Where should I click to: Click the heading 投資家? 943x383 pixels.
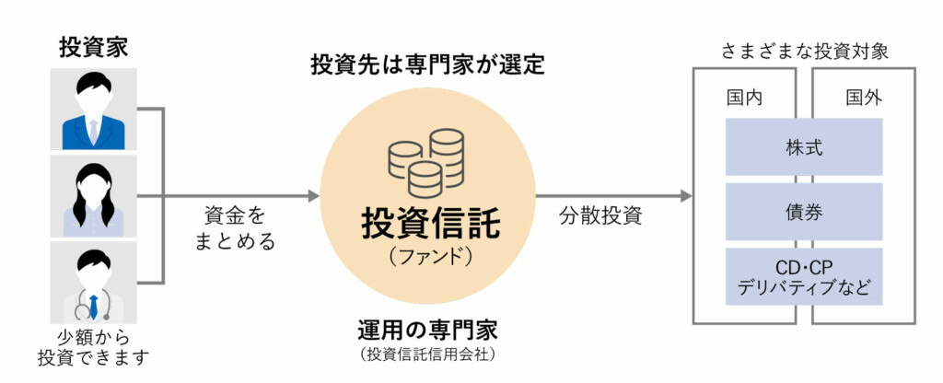pos(93,44)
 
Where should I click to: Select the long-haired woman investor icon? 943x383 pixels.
pos(93,195)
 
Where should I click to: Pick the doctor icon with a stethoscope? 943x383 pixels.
pos(93,282)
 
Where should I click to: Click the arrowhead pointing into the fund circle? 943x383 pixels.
pos(313,196)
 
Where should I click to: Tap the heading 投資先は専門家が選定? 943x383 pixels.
pos(428,65)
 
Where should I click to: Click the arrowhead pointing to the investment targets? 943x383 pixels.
pos(684,196)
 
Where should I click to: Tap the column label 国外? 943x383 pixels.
pos(863,98)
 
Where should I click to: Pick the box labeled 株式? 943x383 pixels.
pos(804,146)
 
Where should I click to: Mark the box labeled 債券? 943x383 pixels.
pos(804,211)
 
